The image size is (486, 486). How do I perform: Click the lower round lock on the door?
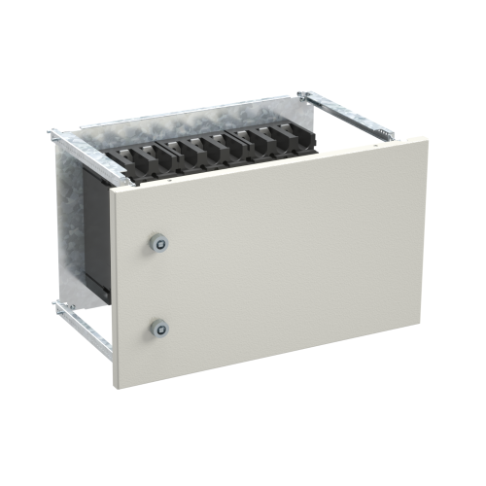[157, 329]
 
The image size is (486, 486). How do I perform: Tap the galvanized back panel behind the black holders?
[194, 121]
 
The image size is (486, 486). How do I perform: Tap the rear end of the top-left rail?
[53, 129]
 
